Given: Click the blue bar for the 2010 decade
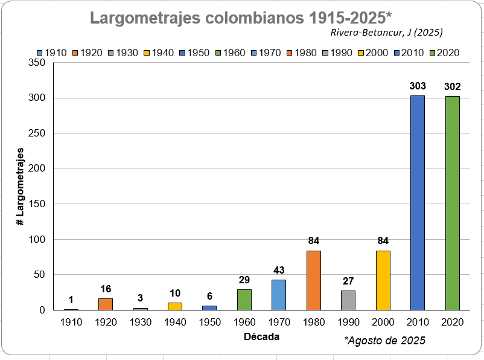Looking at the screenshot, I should [418, 203].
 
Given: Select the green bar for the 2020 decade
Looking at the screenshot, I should [453, 203].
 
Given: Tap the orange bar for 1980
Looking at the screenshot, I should [313, 280].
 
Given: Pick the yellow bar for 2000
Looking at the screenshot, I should [383, 280].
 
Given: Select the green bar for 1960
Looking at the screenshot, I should [244, 300].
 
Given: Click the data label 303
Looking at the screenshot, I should [418, 86].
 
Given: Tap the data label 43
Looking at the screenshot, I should [279, 270].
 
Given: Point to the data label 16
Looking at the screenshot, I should [106, 289].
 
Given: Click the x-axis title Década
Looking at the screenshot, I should [261, 336].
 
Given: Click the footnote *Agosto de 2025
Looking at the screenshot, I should [385, 341].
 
